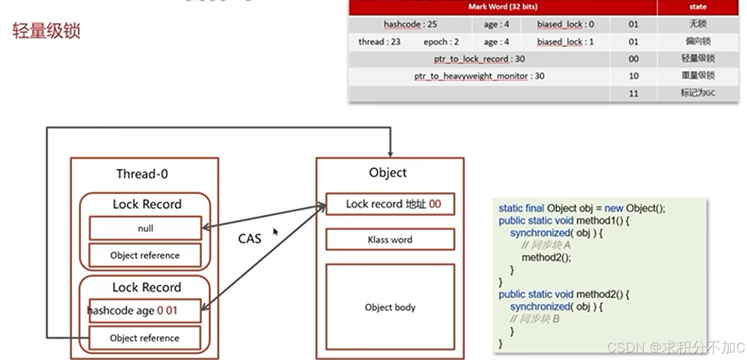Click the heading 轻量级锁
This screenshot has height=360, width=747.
point(47,30)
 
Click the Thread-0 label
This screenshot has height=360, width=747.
point(142,173)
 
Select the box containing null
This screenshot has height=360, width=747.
point(145,228)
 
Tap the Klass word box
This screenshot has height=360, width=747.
point(390,239)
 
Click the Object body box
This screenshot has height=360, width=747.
point(390,307)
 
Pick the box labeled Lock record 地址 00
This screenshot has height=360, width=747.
point(390,204)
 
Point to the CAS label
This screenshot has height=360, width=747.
point(250,238)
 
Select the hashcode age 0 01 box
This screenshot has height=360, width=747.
point(145,311)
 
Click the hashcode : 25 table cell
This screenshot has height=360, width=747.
point(410,25)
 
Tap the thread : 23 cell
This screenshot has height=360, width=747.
point(380,42)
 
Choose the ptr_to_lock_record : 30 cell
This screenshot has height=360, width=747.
point(479,59)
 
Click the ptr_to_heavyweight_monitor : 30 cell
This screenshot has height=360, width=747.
point(479,76)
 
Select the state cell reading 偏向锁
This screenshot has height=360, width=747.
point(698,42)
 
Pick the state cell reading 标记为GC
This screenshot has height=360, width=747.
point(698,93)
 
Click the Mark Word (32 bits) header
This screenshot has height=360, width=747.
point(502,7)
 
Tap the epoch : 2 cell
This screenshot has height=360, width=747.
point(441,42)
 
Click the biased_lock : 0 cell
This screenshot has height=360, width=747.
point(565,25)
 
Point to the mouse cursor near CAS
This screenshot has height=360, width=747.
point(276,231)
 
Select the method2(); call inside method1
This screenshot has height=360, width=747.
point(547,257)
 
